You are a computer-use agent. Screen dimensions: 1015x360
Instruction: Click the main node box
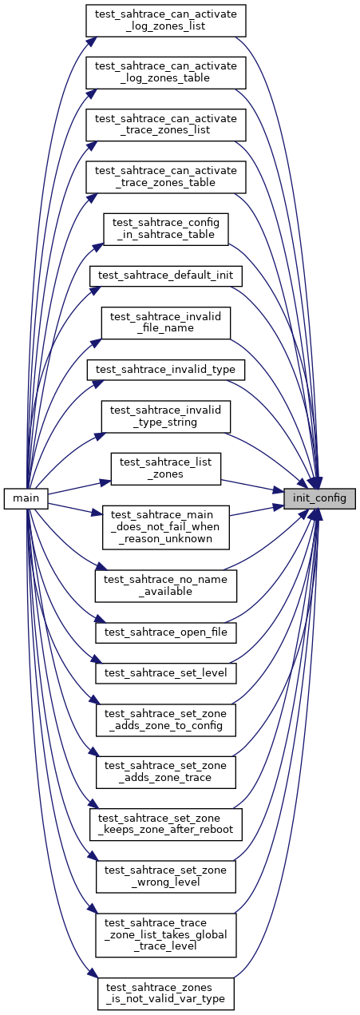[26, 498]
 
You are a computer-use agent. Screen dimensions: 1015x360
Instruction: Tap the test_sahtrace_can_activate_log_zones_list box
[165, 20]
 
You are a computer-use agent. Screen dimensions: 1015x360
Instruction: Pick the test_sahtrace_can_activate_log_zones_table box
[165, 72]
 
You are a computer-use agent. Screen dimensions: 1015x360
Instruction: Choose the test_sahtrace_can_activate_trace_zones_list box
[165, 124]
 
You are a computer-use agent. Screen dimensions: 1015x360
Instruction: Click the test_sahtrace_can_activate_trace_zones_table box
[165, 176]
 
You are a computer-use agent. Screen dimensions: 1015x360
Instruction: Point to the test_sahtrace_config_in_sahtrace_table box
[165, 228]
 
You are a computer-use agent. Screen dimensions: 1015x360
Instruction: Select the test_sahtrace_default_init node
[165, 275]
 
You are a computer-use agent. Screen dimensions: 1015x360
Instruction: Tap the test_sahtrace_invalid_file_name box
[165, 321]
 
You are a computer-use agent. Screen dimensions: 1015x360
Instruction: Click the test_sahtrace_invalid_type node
[165, 370]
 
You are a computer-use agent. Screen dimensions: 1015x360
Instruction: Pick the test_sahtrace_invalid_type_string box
[165, 416]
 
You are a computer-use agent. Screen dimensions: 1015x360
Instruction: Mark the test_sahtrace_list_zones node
[165, 469]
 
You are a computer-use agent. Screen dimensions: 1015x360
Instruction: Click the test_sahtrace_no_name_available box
[165, 585]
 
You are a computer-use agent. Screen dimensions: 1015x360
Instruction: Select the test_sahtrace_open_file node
[165, 631]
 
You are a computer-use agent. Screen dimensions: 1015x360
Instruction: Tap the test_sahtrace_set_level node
[165, 674]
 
